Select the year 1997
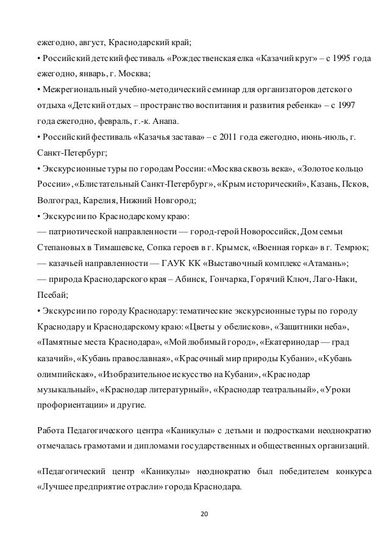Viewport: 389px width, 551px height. click(355, 104)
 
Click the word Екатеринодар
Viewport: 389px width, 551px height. click(291, 341)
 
